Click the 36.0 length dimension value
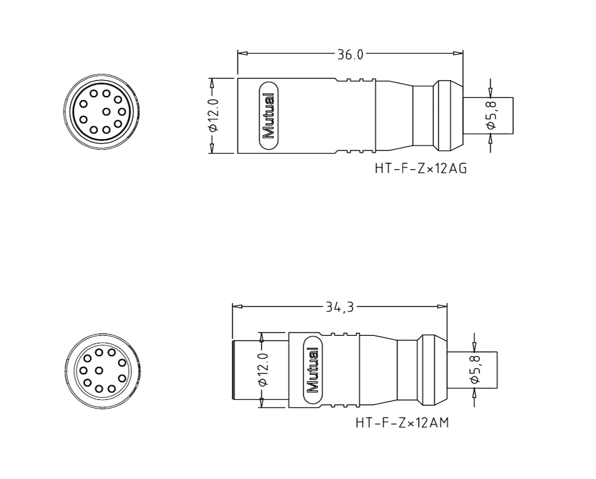click(x=350, y=54)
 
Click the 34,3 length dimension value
click(x=340, y=306)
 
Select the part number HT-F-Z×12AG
click(x=421, y=169)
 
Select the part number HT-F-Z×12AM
click(x=402, y=423)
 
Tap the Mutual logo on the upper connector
click(x=268, y=116)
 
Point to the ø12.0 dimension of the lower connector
click(x=262, y=370)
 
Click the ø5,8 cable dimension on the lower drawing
click(x=475, y=370)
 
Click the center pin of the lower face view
click(x=100, y=370)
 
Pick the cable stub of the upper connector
click(x=489, y=116)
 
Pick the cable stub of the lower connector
click(x=473, y=370)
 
